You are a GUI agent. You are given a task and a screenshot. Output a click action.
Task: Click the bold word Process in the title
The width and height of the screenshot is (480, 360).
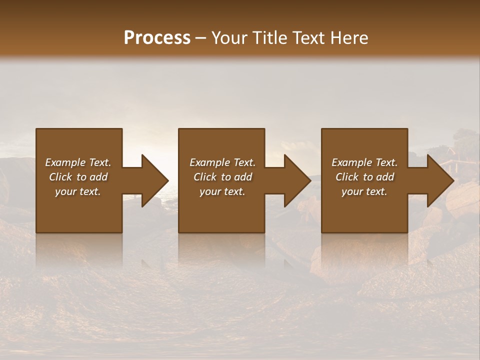click(157, 38)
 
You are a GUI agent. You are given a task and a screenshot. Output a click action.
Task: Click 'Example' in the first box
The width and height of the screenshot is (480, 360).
click(65, 162)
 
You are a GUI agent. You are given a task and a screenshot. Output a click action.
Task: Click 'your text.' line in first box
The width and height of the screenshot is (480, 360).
click(78, 191)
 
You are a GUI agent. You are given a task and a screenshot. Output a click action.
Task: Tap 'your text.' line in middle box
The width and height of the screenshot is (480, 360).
click(222, 191)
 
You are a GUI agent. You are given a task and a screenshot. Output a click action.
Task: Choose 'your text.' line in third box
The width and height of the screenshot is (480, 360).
click(364, 191)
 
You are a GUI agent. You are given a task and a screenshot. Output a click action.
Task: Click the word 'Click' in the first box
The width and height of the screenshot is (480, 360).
click(60, 177)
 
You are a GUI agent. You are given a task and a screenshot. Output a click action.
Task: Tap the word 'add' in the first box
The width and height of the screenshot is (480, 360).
click(98, 177)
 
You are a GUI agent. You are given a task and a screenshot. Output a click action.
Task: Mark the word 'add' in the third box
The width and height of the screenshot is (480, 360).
click(385, 177)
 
